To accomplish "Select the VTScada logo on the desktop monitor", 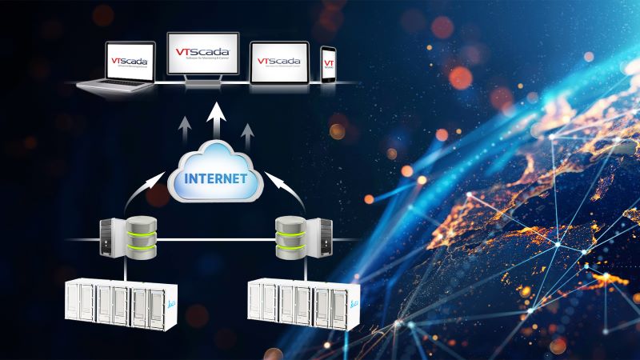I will point(202,53).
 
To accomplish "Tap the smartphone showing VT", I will point(328,64).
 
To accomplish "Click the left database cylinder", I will point(140,235).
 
